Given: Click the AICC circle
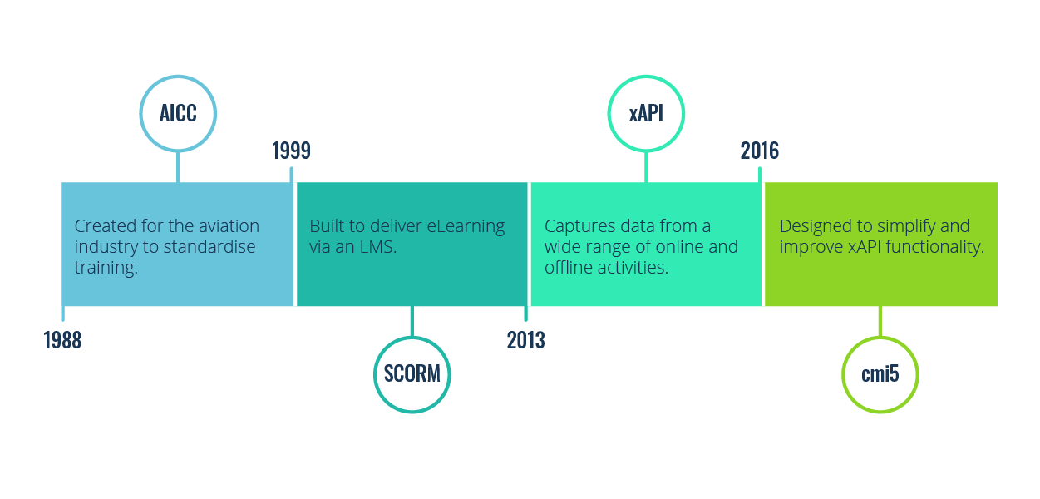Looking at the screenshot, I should pyautogui.click(x=178, y=113).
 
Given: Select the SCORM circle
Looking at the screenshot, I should pyautogui.click(x=412, y=374).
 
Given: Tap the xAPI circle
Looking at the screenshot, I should pyautogui.click(x=646, y=113).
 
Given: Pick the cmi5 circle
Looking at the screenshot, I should pyautogui.click(x=880, y=374).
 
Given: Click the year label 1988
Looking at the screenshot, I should pyautogui.click(x=62, y=340).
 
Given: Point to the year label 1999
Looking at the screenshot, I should pyautogui.click(x=291, y=151).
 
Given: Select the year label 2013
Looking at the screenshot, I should pyautogui.click(x=525, y=340).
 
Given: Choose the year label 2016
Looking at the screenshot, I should pyautogui.click(x=760, y=151).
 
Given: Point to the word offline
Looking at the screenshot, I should pyautogui.click(x=569, y=268).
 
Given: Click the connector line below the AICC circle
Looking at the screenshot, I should pyautogui.click(x=178, y=166).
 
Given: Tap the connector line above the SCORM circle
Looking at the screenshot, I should pyautogui.click(x=412, y=321).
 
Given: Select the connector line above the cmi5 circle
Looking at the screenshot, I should pyautogui.click(x=880, y=321).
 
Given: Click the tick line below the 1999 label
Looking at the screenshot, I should pyautogui.click(x=291, y=175).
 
